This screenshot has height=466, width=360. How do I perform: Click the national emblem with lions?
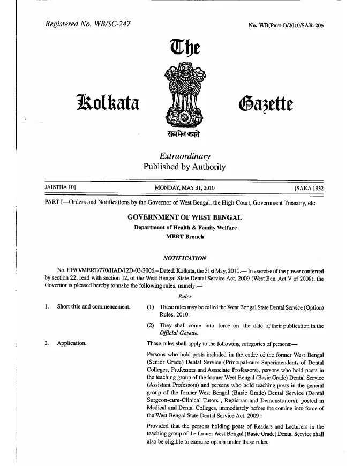click(x=184, y=96)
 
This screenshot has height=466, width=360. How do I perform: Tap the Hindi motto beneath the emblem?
click(x=185, y=134)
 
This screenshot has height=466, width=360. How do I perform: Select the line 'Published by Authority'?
click(x=184, y=167)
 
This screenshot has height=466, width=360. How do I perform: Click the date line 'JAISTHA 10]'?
click(x=59, y=189)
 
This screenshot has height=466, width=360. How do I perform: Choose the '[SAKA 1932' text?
click(x=310, y=189)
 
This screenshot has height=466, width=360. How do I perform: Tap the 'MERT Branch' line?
click(x=185, y=236)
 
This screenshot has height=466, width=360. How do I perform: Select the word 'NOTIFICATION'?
click(x=184, y=258)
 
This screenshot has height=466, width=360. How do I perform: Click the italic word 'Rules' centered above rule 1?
click(x=184, y=296)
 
